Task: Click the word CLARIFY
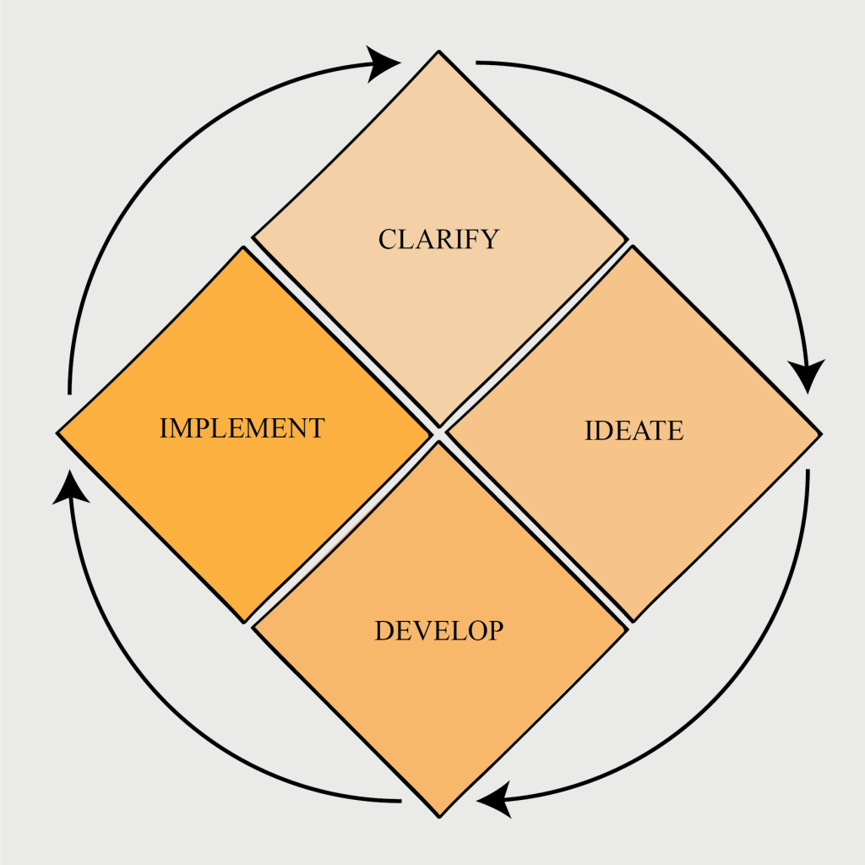coord(438,239)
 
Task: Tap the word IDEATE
coord(634,431)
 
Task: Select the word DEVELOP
coord(438,630)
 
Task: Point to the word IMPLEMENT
coord(242,428)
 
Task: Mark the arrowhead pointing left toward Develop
coord(494,799)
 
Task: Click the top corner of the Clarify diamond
coord(439,52)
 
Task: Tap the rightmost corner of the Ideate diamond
coord(819,433)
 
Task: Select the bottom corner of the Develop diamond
coord(439,815)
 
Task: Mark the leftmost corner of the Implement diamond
coord(58,433)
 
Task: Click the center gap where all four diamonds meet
coord(438,434)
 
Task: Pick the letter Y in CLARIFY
coord(490,240)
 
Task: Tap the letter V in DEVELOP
coord(421,630)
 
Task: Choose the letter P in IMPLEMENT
coord(204,428)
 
